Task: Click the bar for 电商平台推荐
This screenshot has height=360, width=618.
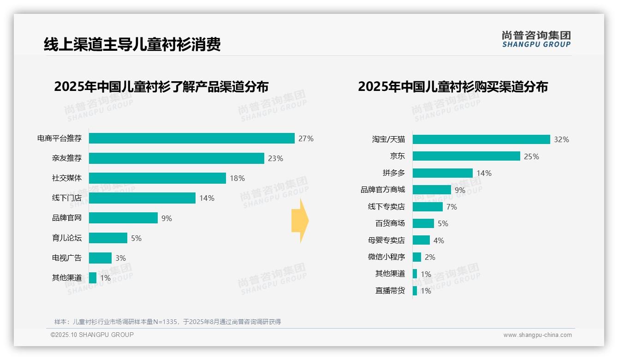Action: pyautogui.click(x=191, y=138)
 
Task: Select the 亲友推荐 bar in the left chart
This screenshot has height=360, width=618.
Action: pyautogui.click(x=176, y=158)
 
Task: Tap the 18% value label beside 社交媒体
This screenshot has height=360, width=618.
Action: pyautogui.click(x=237, y=178)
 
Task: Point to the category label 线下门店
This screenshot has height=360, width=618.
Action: pyautogui.click(x=66, y=198)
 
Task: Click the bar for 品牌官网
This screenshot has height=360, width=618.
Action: pyautogui.click(x=123, y=218)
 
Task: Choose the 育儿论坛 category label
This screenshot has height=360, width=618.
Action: pyautogui.click(x=66, y=238)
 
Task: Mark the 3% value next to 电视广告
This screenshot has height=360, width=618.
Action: pyautogui.click(x=120, y=258)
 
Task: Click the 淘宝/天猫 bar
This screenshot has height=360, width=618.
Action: pyautogui.click(x=481, y=139)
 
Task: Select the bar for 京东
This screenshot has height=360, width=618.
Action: pyautogui.click(x=466, y=156)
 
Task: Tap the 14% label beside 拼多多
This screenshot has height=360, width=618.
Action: pyautogui.click(x=484, y=173)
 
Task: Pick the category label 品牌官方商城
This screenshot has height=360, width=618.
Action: pyautogui.click(x=382, y=190)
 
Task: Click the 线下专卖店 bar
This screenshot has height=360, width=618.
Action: pyautogui.click(x=428, y=207)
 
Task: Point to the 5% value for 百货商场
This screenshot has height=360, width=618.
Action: pyautogui.click(x=442, y=223)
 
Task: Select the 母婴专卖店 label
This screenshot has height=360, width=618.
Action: pyautogui.click(x=386, y=240)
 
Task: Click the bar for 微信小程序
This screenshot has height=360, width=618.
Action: pyautogui.click(x=417, y=257)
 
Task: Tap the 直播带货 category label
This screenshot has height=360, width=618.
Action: pyautogui.click(x=390, y=291)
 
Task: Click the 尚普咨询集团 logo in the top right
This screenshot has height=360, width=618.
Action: pyautogui.click(x=536, y=39)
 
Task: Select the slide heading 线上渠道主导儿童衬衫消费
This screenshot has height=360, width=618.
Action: pyautogui.click(x=132, y=44)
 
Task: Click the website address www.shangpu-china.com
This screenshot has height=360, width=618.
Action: pyautogui.click(x=537, y=335)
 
